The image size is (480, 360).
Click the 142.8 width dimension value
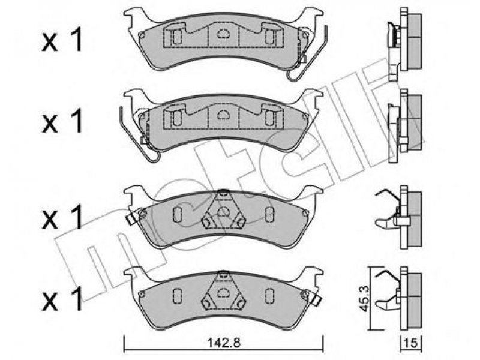pos(224,343)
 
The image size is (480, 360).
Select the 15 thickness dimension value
pos(411,343)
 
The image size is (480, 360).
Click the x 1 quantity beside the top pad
pos(62,39)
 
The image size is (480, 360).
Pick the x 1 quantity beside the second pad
pos(62,121)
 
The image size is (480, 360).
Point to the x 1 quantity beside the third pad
pos(62,217)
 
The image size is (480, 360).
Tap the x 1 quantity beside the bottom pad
pos(62,298)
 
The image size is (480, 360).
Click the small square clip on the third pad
pos(131,218)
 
